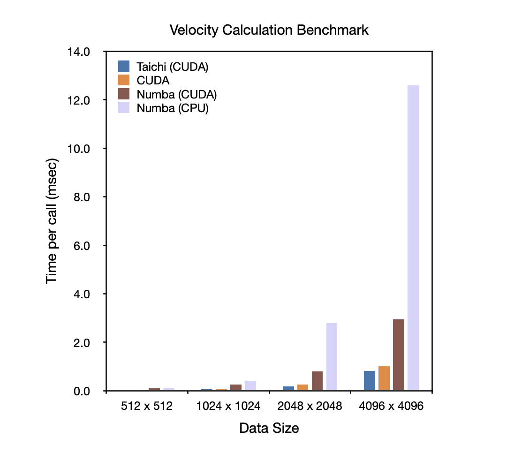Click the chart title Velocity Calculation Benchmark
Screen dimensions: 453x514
pyautogui.click(x=269, y=30)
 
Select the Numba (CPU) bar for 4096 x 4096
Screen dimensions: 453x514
pyautogui.click(x=413, y=238)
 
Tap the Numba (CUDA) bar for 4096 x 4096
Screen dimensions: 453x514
pyautogui.click(x=399, y=355)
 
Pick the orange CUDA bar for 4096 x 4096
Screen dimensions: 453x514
pyautogui.click(x=384, y=378)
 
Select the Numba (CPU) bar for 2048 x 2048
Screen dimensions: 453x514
pyautogui.click(x=332, y=356)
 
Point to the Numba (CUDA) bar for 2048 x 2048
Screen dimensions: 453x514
pyautogui.click(x=317, y=381)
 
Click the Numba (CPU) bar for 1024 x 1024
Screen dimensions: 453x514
pyautogui.click(x=250, y=385)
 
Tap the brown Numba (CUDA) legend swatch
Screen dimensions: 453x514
pyautogui.click(x=124, y=94)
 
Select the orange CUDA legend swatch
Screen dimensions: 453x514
pyautogui.click(x=124, y=80)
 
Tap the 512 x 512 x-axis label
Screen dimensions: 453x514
pyautogui.click(x=147, y=407)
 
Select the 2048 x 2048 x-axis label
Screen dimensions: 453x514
pyautogui.click(x=310, y=407)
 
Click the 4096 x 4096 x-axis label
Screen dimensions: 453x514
pyautogui.click(x=391, y=407)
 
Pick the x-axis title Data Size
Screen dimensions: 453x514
pyautogui.click(x=269, y=428)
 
